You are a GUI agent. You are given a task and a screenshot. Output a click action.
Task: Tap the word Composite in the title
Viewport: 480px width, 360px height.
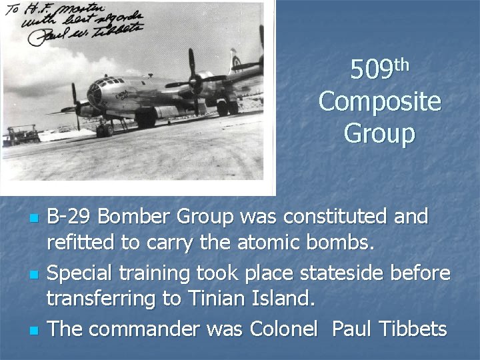pos(379,102)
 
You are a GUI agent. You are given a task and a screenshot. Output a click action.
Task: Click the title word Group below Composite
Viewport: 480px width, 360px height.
pos(379,133)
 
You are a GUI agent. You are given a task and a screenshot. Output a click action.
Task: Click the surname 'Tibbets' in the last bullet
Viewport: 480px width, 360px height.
pos(413,329)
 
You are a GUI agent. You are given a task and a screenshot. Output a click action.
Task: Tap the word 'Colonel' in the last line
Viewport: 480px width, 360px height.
pos(287,329)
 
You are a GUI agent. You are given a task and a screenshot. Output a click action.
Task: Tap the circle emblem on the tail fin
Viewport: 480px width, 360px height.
pos(237,61)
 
